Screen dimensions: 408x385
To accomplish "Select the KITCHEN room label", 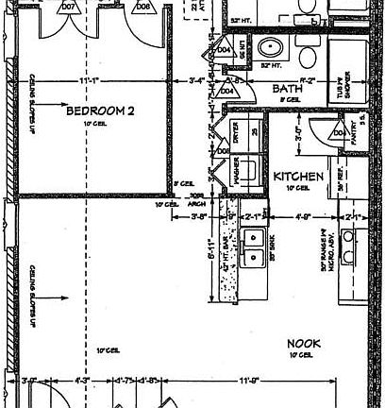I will tap(299, 176).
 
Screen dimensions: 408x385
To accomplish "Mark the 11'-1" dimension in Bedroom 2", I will tap(92, 81).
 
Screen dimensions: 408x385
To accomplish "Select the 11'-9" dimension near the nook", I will tap(249, 382).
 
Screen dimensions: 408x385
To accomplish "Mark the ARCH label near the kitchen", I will tap(198, 203).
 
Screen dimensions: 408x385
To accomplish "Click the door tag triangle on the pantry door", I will tap(338, 134).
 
